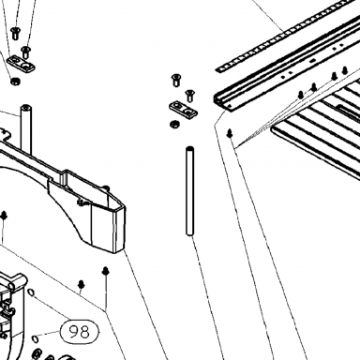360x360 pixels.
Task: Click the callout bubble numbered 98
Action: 80,332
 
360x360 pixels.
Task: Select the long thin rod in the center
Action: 190,190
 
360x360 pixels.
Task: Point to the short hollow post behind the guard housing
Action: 26,128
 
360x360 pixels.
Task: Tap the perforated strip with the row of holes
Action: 288,36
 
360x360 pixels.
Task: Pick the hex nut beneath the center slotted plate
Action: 174,125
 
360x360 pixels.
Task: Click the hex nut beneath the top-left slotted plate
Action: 14,82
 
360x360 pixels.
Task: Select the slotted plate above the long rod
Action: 183,109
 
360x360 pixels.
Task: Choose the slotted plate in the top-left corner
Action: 21,64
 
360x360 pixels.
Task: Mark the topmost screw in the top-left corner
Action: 15,34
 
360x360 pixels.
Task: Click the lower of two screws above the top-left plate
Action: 25,52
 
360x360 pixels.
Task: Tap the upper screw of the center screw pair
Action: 176,80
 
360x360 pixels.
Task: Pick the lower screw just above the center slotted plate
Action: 189,96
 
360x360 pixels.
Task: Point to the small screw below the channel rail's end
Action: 230,133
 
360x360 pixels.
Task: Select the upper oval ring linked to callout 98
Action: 31,292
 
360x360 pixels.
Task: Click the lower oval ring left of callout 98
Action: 36,338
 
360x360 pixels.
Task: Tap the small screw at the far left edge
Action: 4,216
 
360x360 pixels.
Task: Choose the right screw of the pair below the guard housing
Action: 106,271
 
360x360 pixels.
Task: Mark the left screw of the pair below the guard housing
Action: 82,284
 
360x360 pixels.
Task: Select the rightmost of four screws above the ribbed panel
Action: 345,70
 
